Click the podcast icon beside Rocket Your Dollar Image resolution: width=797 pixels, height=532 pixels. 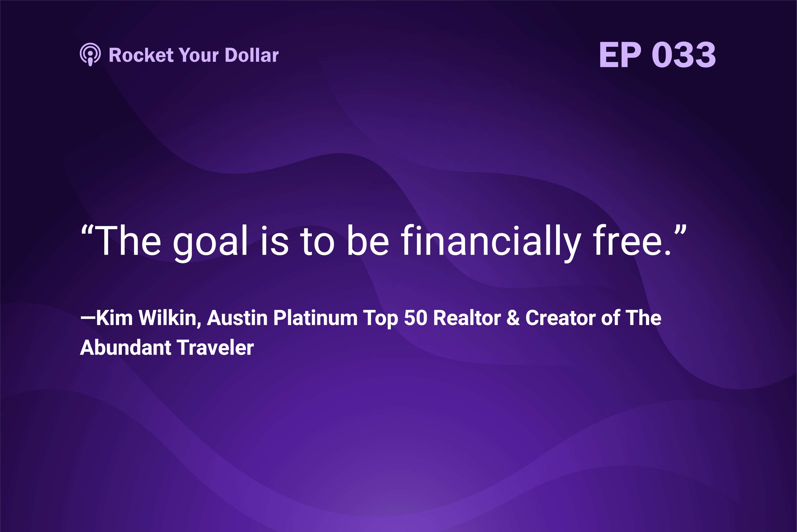[x=90, y=54]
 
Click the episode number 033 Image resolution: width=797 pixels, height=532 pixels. [x=684, y=54]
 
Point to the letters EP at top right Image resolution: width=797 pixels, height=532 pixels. [x=620, y=54]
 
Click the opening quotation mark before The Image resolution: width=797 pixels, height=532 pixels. [x=87, y=230]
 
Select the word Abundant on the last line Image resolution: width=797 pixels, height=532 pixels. [x=126, y=348]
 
